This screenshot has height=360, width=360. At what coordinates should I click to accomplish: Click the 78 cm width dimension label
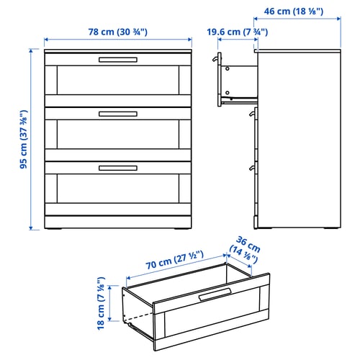tap(118, 31)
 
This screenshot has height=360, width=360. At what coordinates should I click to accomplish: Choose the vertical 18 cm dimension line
tap(112, 302)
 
